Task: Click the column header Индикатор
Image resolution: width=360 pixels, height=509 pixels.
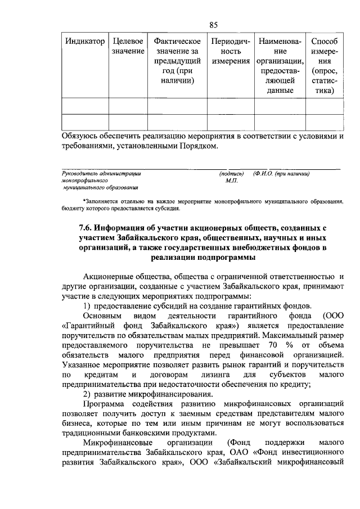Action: [84, 42]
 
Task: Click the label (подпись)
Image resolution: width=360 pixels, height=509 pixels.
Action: [231, 174]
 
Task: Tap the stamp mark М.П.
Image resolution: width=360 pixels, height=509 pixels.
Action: [231, 181]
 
